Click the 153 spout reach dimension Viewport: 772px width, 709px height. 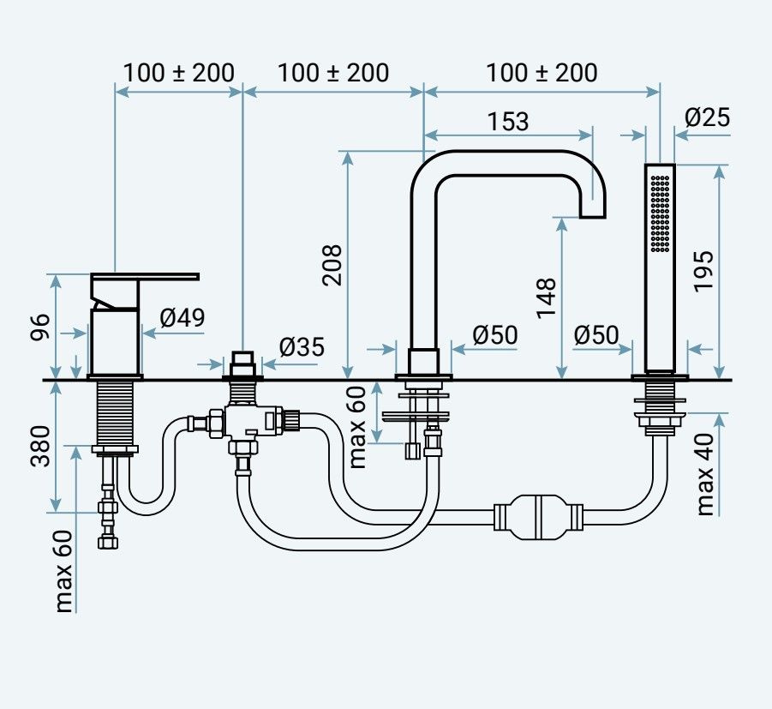pyautogui.click(x=508, y=122)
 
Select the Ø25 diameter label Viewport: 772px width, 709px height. pyautogui.click(x=708, y=117)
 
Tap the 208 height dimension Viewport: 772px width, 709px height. pyautogui.click(x=332, y=266)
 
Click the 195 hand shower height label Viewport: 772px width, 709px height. pyautogui.click(x=703, y=270)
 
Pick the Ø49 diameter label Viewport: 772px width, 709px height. pyautogui.click(x=182, y=318)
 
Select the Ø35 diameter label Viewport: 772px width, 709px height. pyautogui.click(x=302, y=347)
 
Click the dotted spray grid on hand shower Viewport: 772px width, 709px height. pyautogui.click(x=660, y=213)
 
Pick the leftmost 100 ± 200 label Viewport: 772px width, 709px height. pyautogui.click(x=178, y=73)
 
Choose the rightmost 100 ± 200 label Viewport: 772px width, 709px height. pyautogui.click(x=542, y=73)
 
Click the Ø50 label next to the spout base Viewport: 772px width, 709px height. pyautogui.click(x=495, y=335)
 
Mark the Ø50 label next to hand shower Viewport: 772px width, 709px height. pyautogui.click(x=596, y=335)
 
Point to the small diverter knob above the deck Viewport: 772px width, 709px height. pyautogui.click(x=243, y=360)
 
